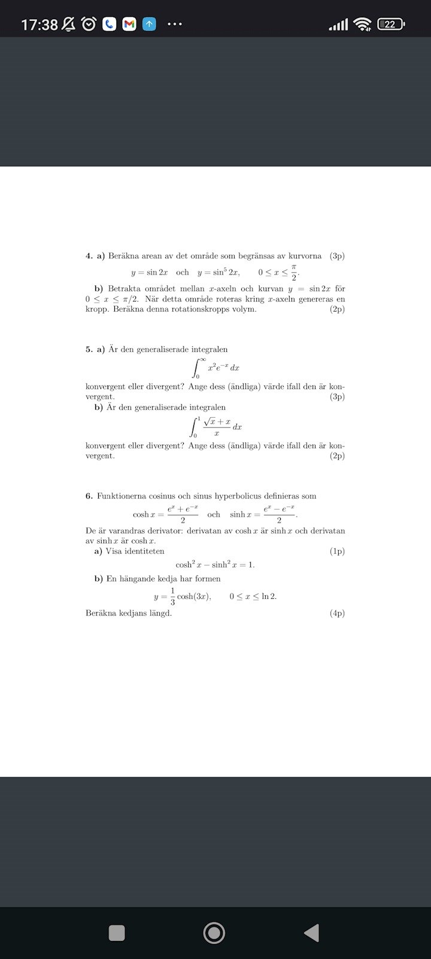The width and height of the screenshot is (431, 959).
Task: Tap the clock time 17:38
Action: click(x=40, y=25)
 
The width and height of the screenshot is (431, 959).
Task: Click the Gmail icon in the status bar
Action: click(x=129, y=25)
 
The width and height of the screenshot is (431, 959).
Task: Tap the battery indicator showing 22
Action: click(x=391, y=25)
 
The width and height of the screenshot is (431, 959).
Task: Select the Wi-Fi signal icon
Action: click(x=362, y=25)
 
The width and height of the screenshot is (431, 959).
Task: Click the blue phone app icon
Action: click(x=109, y=25)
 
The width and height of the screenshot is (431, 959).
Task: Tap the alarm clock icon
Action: click(x=89, y=25)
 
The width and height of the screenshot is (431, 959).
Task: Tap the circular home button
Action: click(x=214, y=933)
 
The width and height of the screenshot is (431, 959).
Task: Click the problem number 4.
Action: click(x=89, y=256)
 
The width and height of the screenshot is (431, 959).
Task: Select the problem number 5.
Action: click(x=89, y=349)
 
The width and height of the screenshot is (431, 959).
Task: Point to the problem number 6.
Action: click(x=89, y=496)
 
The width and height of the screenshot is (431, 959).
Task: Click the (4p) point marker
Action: click(x=337, y=613)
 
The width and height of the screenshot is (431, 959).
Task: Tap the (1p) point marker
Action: click(x=337, y=551)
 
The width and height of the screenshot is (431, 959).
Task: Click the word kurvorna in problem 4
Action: click(x=305, y=256)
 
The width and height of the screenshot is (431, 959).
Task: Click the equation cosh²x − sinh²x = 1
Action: click(x=215, y=565)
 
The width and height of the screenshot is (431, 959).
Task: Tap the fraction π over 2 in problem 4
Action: click(x=294, y=272)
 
